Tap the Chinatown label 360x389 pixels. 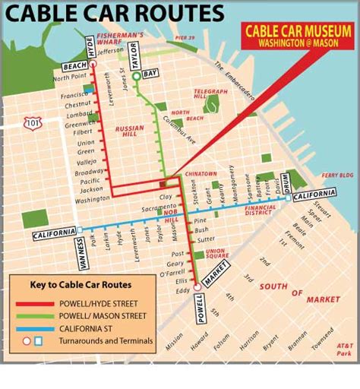tap(201, 174)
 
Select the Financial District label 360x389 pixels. tap(261, 210)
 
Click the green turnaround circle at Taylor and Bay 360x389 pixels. tap(137, 76)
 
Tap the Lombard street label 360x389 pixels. tap(80, 115)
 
